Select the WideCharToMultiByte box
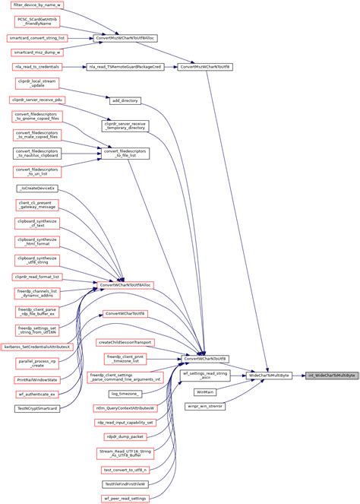269,376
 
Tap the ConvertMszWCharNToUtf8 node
205,68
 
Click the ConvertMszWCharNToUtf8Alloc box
125,36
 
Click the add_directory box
125,100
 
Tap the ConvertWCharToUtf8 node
125,313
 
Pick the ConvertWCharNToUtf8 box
205,358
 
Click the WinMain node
205,391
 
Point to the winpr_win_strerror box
205,407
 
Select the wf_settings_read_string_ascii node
205,374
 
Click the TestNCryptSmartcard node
37,409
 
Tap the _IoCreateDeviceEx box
37,187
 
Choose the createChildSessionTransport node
125,342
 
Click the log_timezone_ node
125,394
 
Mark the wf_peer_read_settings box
125,498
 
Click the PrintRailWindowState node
37,379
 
